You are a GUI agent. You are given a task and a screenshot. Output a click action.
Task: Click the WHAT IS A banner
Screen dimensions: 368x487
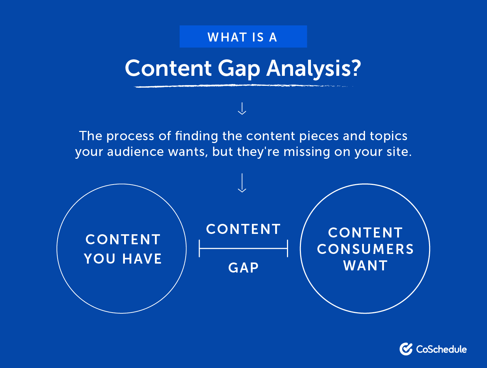(x=243, y=37)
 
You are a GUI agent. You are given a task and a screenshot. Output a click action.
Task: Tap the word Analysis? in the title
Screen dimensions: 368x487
(x=314, y=69)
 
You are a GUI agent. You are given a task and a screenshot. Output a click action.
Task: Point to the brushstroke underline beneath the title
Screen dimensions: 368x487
(x=243, y=86)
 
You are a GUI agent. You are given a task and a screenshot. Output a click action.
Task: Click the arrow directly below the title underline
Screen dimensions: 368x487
(x=242, y=108)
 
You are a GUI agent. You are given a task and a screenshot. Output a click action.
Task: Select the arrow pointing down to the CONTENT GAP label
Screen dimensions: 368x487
(x=242, y=183)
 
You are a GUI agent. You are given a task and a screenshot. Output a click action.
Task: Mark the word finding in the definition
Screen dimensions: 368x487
(x=196, y=136)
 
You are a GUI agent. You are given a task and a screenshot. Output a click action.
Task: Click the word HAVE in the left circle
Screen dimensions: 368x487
(x=142, y=259)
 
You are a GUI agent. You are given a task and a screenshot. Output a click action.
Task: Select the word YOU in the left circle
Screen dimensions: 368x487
(x=99, y=259)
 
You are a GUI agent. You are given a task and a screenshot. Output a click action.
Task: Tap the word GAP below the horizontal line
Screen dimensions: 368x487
(x=243, y=268)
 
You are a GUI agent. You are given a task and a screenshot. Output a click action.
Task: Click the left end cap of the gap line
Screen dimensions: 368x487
(x=199, y=249)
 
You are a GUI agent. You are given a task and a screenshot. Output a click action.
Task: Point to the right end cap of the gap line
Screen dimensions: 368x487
(x=287, y=249)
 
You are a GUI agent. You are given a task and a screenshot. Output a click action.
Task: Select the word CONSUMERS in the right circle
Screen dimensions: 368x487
(x=365, y=249)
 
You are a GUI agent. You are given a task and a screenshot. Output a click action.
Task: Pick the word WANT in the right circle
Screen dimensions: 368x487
(x=365, y=266)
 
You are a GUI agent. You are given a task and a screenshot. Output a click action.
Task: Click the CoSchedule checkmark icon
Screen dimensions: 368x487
(x=406, y=349)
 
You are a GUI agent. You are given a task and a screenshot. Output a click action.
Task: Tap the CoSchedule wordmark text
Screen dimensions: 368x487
(x=441, y=349)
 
